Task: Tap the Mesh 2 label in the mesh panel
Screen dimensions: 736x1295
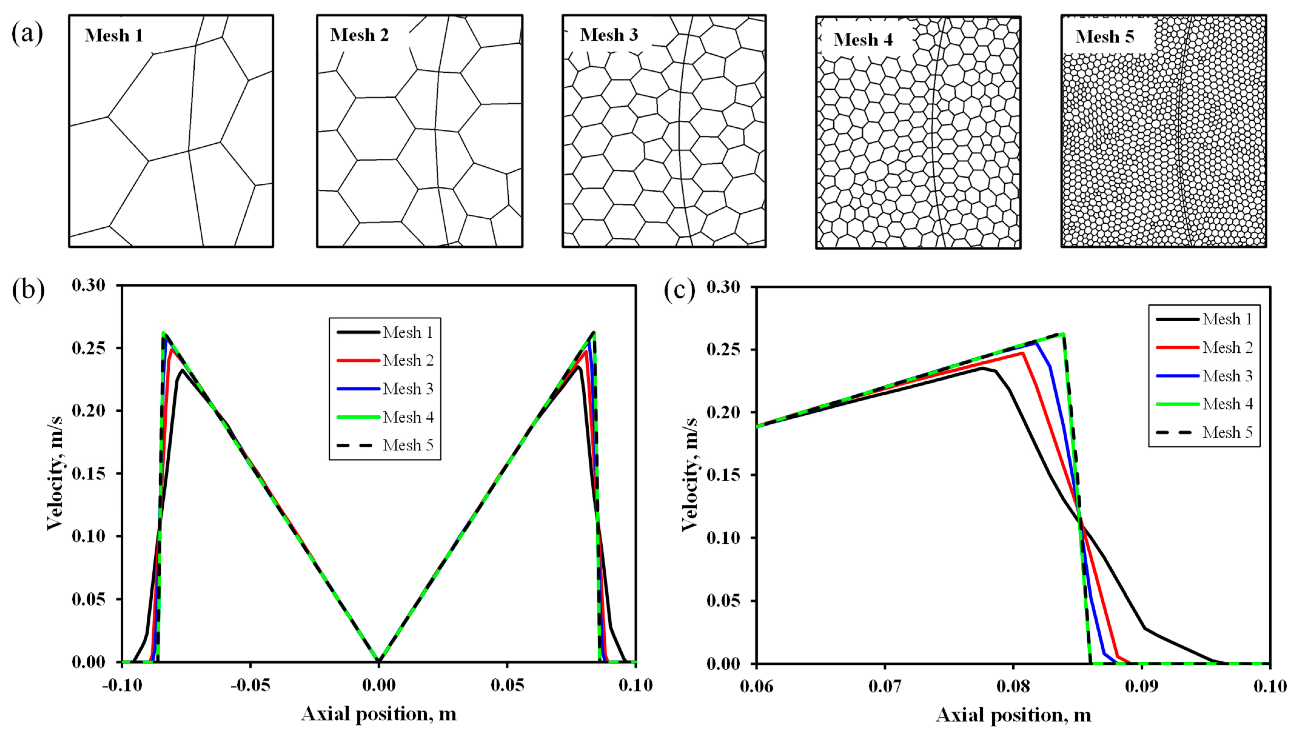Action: click(x=360, y=35)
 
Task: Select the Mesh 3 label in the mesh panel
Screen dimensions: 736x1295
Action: click(x=609, y=35)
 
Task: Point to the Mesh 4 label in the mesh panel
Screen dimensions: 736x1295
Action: click(x=863, y=39)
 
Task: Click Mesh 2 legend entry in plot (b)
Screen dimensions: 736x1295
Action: click(x=407, y=360)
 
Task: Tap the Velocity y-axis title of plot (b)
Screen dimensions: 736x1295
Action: click(x=55, y=474)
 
